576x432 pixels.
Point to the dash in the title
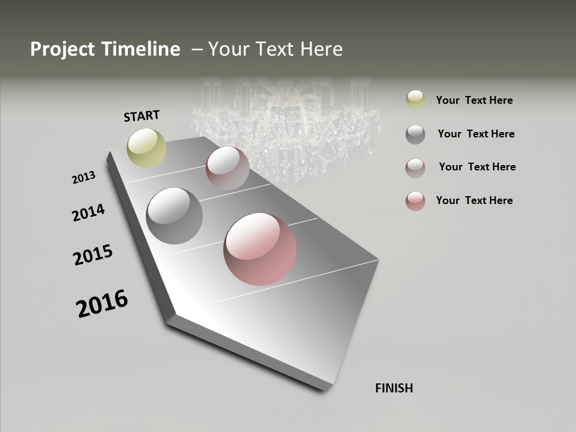click(197, 50)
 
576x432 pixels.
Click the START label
click(142, 115)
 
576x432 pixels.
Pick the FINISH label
click(394, 388)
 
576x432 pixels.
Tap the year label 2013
click(83, 177)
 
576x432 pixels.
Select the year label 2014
click(88, 212)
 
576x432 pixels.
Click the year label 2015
click(93, 255)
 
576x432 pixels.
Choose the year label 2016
click(102, 303)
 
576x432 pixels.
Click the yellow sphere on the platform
click(147, 148)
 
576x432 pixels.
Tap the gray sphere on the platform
click(175, 216)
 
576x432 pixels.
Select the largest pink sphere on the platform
click(260, 249)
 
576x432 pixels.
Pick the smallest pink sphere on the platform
click(227, 167)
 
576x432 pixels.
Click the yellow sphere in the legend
click(415, 100)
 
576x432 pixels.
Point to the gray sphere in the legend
click(415, 134)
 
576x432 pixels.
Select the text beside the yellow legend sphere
click(474, 100)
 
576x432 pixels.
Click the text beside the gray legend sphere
click(476, 134)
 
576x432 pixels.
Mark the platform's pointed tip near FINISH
click(326, 389)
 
